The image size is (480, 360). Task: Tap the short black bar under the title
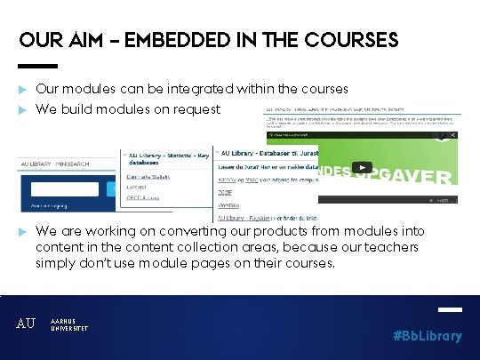[x=37, y=66]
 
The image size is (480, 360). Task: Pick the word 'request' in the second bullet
[x=196, y=109]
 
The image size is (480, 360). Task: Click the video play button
[x=362, y=167]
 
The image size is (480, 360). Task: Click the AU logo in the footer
[x=27, y=324]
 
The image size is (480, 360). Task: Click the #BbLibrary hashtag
[x=428, y=335]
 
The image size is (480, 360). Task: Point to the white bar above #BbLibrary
[x=451, y=310]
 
